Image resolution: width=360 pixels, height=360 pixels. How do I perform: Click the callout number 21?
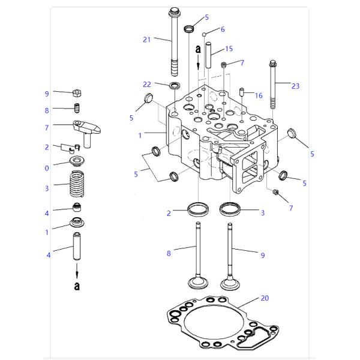(146, 40)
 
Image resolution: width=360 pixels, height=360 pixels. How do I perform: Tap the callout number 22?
(147, 84)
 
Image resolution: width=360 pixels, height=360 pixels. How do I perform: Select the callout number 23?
(295, 86)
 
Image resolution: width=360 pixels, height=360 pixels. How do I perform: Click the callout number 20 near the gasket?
(265, 298)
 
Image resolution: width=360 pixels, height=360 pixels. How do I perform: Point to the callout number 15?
(229, 49)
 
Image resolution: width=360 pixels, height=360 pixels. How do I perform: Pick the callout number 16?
(259, 95)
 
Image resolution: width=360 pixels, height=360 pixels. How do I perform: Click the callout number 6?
(223, 29)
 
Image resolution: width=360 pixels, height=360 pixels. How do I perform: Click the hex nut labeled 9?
(77, 93)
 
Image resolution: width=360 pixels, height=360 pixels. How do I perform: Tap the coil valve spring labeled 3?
(77, 184)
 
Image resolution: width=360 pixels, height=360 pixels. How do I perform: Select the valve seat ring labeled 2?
(198, 209)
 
